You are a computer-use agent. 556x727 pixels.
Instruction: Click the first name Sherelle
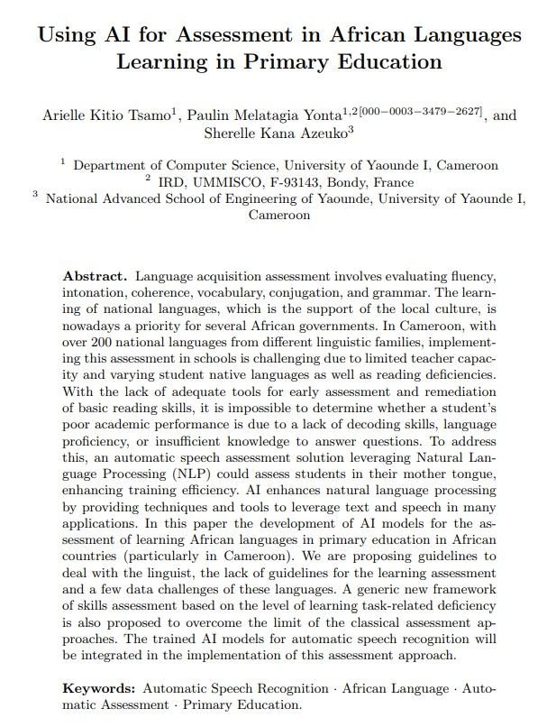(x=231, y=134)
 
